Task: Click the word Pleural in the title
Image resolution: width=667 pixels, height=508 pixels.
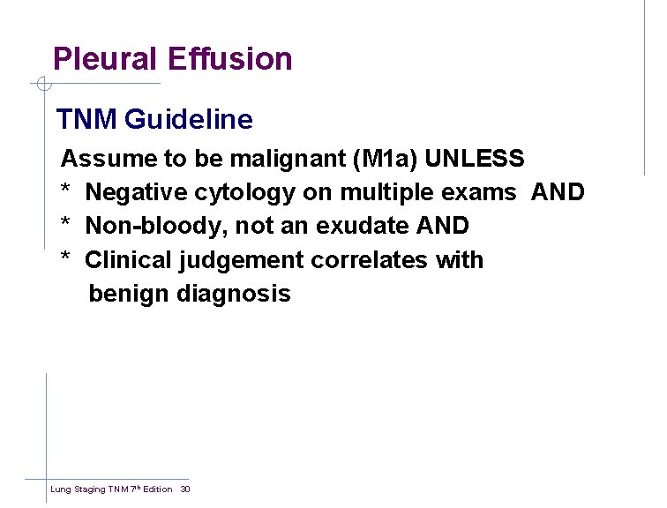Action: [x=106, y=59]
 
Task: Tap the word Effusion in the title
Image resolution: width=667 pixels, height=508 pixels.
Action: [x=229, y=59]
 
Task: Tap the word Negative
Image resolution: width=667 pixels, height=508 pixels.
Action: [x=136, y=192]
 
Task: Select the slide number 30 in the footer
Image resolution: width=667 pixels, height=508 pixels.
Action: [x=185, y=489]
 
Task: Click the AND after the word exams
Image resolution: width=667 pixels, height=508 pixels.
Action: [x=558, y=192]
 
